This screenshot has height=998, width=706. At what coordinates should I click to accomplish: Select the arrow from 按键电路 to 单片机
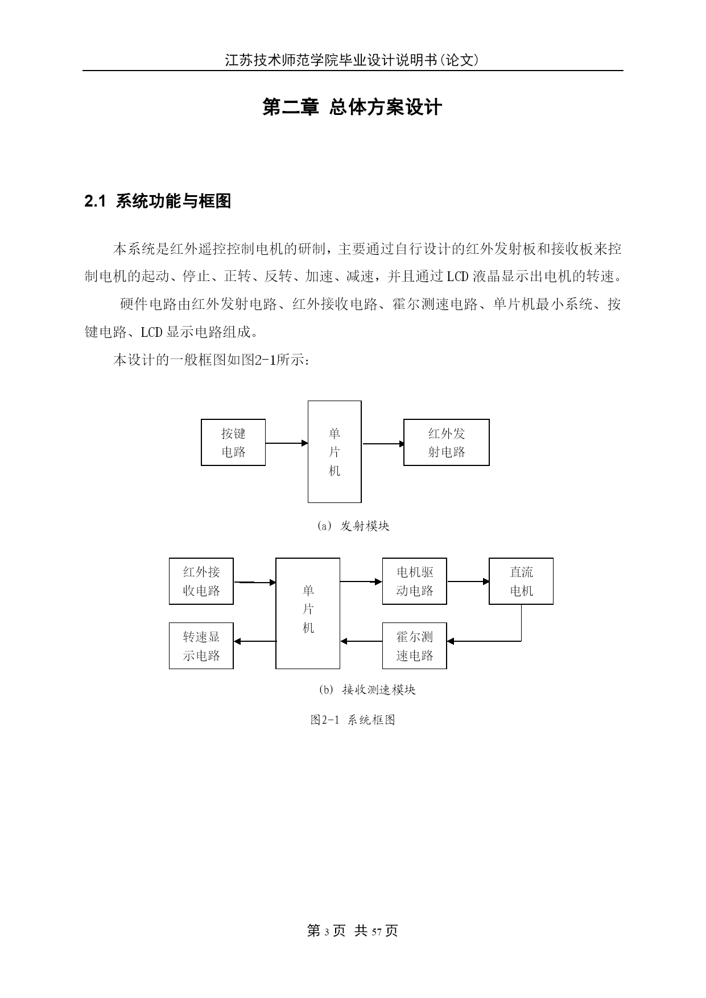287,443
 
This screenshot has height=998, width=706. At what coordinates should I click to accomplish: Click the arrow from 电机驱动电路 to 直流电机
468,582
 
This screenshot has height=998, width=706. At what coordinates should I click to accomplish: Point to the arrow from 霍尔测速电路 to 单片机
361,641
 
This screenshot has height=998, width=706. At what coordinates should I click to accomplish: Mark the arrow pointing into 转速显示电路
255,641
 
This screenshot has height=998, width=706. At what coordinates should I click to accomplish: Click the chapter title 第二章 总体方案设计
352,107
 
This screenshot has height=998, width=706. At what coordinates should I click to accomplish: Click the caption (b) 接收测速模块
368,690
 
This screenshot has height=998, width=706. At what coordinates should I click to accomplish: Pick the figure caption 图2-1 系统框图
353,720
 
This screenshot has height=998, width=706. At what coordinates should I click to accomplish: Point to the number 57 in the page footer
376,931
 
